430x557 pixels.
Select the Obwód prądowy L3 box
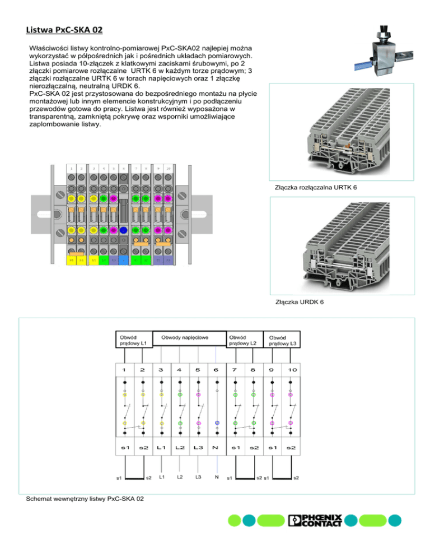click(282, 340)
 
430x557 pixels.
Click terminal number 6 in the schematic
click(216, 370)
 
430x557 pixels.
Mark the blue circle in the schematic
click(217, 423)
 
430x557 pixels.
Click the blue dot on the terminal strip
click(123, 230)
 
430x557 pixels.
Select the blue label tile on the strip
click(123, 260)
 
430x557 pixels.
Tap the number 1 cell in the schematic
click(124, 370)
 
